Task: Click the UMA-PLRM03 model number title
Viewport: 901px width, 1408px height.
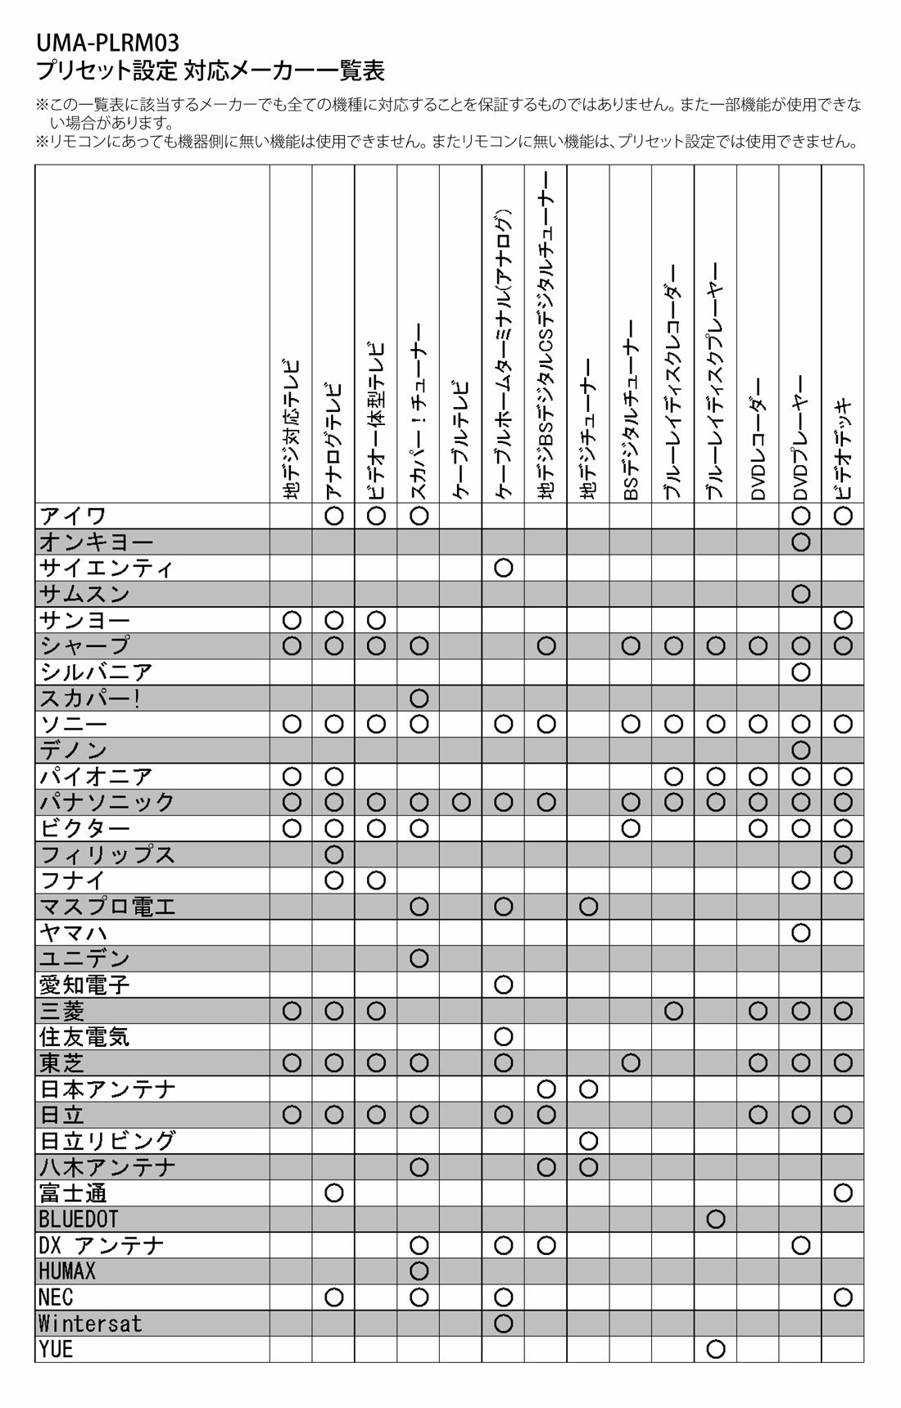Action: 107,42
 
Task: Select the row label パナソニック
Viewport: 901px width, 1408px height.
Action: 107,802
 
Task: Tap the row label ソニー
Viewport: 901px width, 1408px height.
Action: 74,724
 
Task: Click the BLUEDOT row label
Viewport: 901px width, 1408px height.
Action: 78,1219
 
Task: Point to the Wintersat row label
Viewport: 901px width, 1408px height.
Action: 90,1324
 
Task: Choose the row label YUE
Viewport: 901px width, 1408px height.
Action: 57,1349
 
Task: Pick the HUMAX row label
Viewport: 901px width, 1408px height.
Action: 67,1271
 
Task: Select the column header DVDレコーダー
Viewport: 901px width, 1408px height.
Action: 758,438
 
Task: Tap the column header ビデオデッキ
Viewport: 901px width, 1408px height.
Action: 843,450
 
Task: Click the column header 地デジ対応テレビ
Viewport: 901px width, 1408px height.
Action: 292,430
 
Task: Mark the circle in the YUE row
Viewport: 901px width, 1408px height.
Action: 716,1349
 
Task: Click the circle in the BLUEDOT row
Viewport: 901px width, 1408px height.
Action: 716,1219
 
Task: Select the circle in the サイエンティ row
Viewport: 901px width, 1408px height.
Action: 504,568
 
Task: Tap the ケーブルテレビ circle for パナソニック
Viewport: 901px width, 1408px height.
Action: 461,802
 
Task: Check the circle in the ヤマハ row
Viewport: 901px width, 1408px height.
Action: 801,932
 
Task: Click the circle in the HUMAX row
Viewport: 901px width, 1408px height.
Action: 419,1271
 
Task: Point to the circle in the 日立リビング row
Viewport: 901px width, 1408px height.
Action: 588,1141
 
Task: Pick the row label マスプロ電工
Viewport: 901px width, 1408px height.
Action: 107,907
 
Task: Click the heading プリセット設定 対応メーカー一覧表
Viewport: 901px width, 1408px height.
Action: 211,70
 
